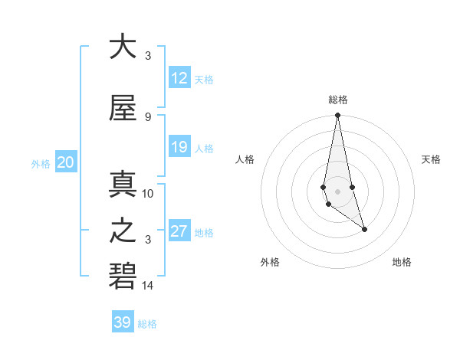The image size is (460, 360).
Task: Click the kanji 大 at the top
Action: pos(123,47)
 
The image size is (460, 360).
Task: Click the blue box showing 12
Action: pos(179,78)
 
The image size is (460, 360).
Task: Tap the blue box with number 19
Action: pos(179,147)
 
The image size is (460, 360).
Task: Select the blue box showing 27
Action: pos(179,231)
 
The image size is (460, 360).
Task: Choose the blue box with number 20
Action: pos(65,162)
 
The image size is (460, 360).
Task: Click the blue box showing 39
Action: pos(123,322)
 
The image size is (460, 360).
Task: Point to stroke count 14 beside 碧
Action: pos(148,286)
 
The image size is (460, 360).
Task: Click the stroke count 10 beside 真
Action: pos(148,194)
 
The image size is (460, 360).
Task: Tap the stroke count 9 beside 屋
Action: pos(148,117)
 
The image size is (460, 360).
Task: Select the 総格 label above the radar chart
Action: pos(337,100)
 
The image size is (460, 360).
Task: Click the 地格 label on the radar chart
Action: pos(402,262)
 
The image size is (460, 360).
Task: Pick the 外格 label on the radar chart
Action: pos(270,262)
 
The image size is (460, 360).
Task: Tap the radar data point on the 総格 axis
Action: pos(337,116)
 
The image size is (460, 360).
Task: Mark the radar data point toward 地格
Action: pos(364,229)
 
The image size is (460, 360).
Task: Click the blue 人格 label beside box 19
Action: pos(204,148)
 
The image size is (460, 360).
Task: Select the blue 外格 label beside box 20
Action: pos(41,163)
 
